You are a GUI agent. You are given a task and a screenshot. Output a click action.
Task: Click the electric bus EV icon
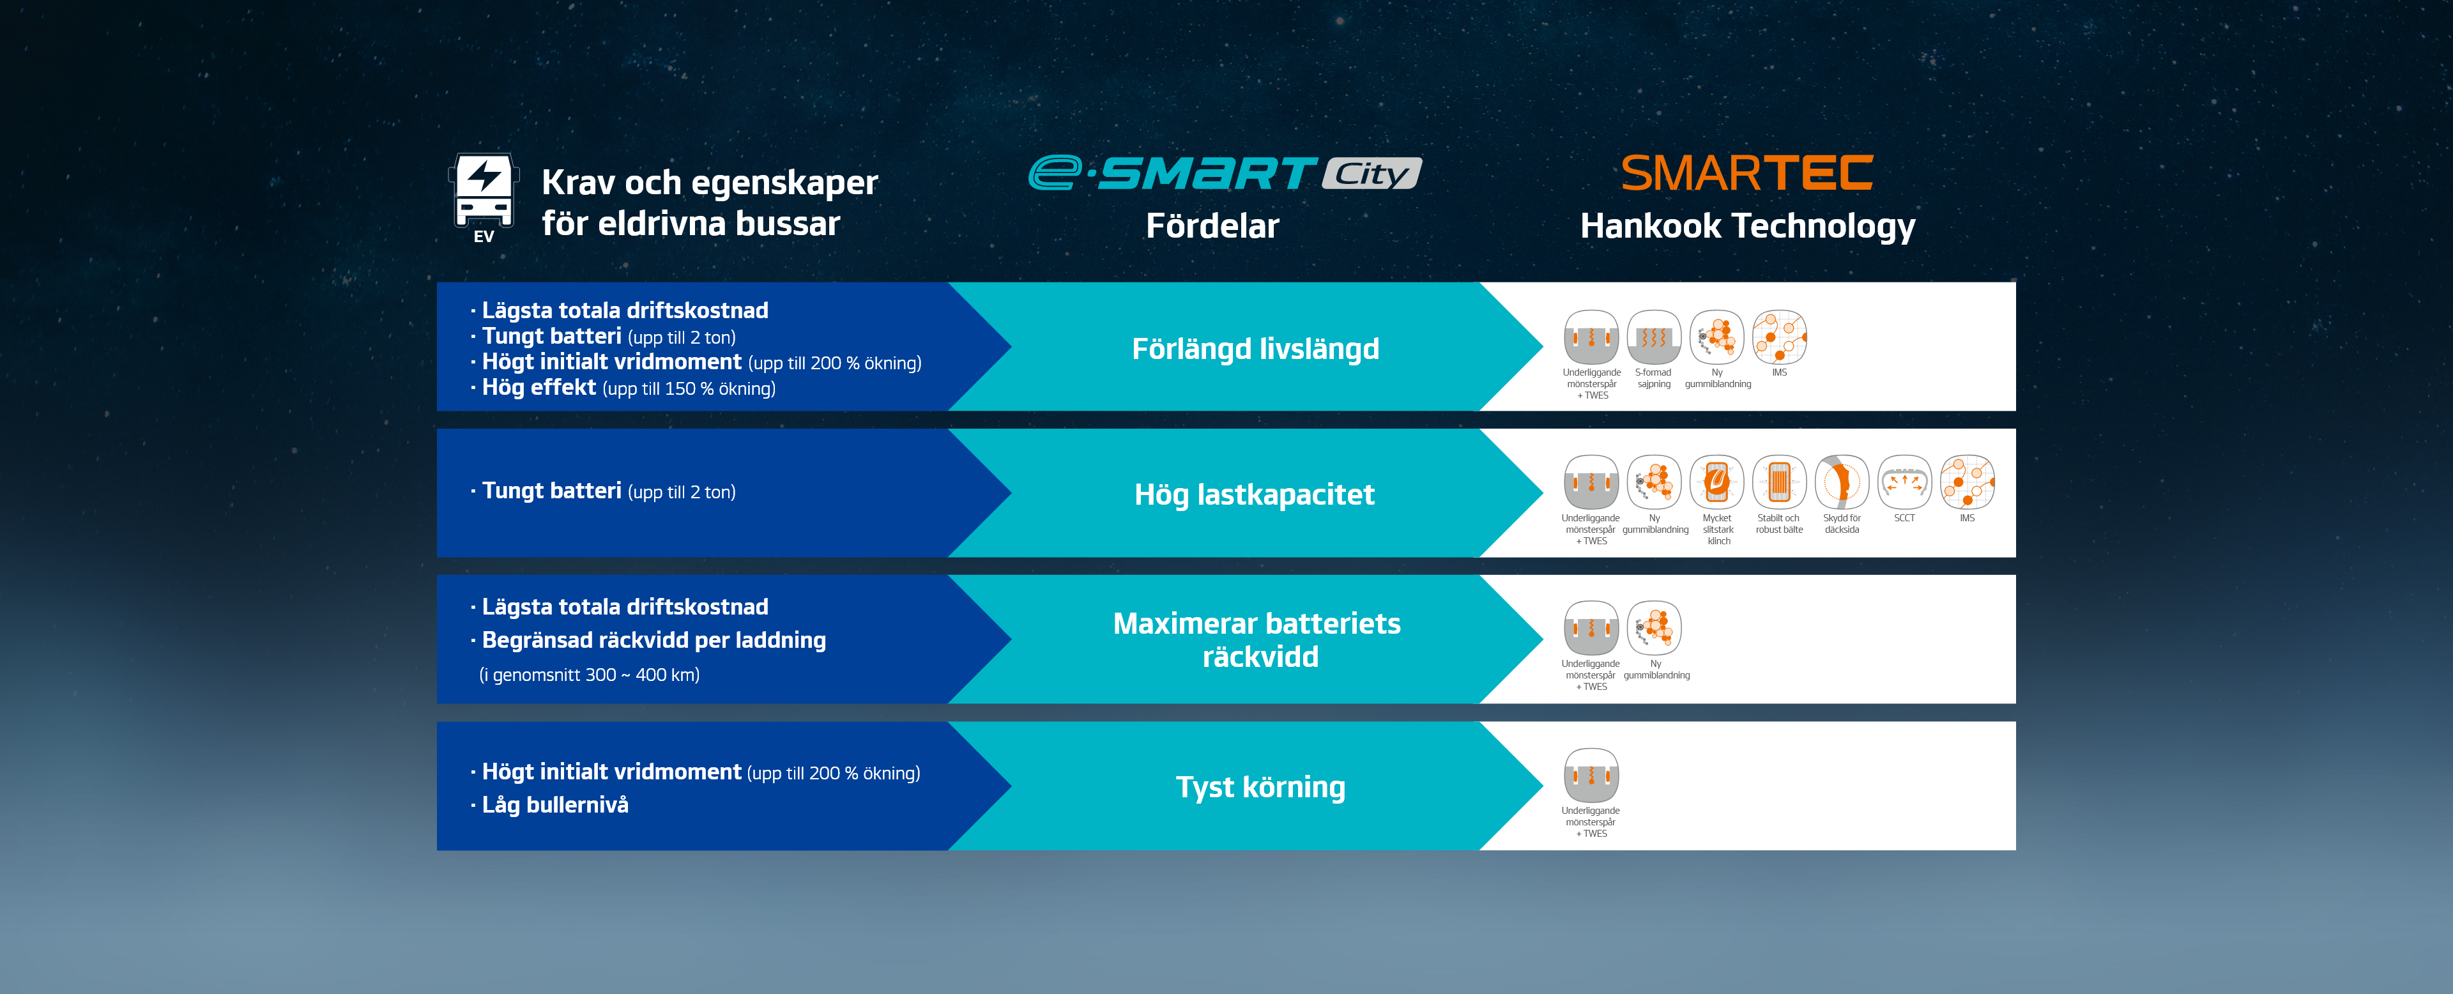484,197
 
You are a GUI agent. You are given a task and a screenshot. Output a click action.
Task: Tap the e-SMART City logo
1225,173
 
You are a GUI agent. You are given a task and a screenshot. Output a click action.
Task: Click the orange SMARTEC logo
1746,173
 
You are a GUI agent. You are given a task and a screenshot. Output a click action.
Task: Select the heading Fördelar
1212,227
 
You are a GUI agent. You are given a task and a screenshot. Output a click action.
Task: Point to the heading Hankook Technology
1747,227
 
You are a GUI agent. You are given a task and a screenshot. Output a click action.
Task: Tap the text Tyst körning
1260,788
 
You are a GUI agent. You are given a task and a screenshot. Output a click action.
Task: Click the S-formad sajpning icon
1654,337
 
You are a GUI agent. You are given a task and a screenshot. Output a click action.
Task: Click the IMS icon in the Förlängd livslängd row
1779,337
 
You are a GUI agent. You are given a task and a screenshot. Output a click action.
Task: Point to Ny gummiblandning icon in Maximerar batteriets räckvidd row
1655,629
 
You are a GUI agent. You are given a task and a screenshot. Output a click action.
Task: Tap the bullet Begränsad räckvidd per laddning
653,641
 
